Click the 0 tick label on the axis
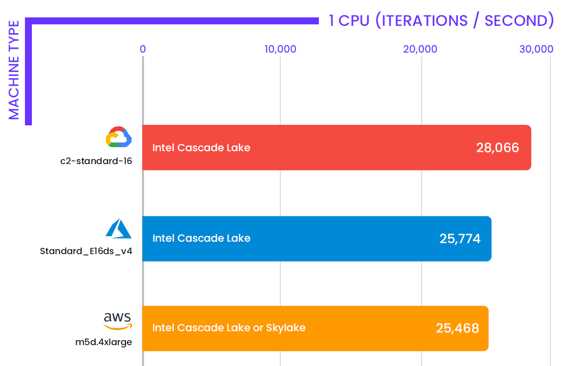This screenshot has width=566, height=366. (x=142, y=49)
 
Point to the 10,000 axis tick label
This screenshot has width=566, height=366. (x=281, y=49)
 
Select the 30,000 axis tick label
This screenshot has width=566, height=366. (x=536, y=49)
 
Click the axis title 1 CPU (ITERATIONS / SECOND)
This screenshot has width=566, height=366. (x=441, y=21)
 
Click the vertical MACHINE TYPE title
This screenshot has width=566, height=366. (x=14, y=70)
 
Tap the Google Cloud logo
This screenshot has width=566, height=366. (x=119, y=137)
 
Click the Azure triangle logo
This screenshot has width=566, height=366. (x=119, y=228)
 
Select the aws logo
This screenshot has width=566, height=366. (x=118, y=321)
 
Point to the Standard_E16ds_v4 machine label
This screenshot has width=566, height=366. (x=86, y=251)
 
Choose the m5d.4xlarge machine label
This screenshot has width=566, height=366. (x=104, y=342)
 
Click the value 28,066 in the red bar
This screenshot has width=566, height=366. (x=498, y=148)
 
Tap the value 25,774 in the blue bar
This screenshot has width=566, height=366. (x=460, y=239)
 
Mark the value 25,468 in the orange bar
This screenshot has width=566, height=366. (x=457, y=328)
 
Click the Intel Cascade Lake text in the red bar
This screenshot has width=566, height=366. (x=201, y=148)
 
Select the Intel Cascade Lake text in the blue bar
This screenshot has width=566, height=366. (x=201, y=238)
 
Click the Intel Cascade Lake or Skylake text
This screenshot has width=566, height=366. (x=229, y=328)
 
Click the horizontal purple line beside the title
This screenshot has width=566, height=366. (x=174, y=21)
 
